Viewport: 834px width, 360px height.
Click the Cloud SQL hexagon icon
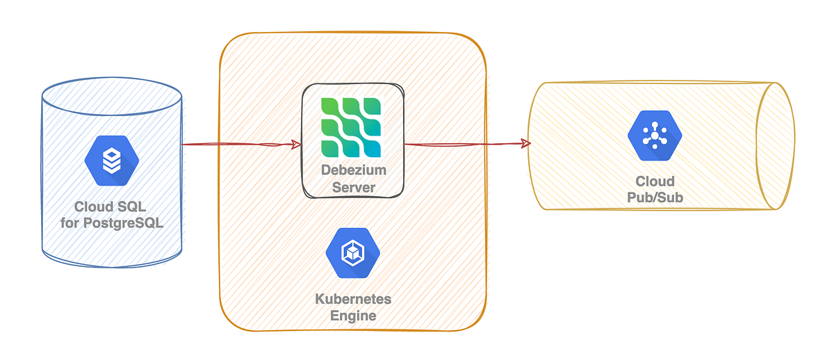pos(111,161)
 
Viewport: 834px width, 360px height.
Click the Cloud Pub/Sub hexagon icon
pos(655,136)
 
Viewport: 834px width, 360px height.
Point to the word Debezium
pos(353,171)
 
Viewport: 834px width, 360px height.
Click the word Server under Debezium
pos(353,188)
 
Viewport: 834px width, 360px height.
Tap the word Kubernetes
pos(353,300)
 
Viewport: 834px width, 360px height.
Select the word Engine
pos(353,316)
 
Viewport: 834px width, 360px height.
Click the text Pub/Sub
pos(655,198)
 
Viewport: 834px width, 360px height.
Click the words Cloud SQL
pos(111,207)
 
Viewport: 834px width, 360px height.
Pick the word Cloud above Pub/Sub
pos(655,181)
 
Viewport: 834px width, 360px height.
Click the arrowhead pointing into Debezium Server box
pos(295,145)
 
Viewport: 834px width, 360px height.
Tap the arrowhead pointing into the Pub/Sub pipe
pos(525,144)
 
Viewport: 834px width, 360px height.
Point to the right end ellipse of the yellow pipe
pos(776,146)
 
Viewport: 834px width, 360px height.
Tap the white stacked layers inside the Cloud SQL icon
pos(111,162)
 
